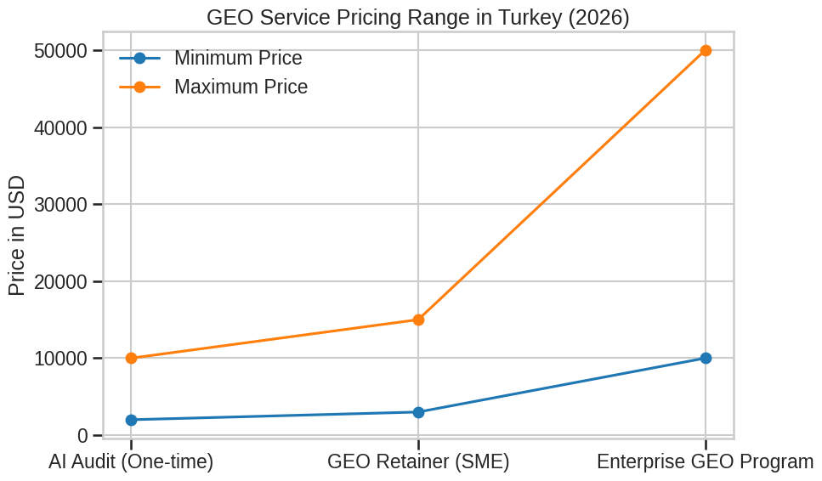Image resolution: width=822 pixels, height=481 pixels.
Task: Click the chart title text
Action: click(x=417, y=17)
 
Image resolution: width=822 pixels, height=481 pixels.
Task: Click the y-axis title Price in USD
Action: click(x=16, y=236)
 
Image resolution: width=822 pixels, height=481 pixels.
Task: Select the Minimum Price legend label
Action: click(x=238, y=59)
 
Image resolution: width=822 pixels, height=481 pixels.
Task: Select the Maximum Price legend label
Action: click(x=241, y=87)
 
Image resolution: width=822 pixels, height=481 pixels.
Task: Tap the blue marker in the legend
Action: click(x=139, y=59)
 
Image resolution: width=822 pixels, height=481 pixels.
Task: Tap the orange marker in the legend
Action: click(x=139, y=87)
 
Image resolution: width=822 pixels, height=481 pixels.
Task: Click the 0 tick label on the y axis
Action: click(x=82, y=436)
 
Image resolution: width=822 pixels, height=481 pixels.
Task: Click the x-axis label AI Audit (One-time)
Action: click(x=131, y=462)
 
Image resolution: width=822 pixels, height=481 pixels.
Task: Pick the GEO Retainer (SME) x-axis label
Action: click(x=418, y=462)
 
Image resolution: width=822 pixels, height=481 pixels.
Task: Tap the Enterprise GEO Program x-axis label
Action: click(x=705, y=462)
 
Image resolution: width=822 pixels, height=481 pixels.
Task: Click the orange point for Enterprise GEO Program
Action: click(x=706, y=51)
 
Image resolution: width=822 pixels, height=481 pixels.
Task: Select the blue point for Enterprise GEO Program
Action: click(x=706, y=358)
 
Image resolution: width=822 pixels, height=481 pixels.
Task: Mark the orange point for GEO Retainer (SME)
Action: click(x=418, y=320)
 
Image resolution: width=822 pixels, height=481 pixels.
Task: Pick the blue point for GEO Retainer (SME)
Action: click(x=418, y=412)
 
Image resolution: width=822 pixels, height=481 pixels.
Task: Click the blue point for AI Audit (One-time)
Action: click(x=131, y=420)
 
